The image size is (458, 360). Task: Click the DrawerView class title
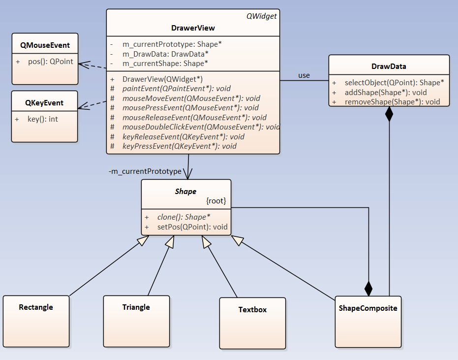pos(193,28)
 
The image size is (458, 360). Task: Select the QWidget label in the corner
pos(261,16)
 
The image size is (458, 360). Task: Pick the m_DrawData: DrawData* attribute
pos(165,53)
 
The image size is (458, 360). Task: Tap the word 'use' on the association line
pos(304,75)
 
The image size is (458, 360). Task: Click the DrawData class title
pos(389,66)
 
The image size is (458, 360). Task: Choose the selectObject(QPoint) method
pos(394,82)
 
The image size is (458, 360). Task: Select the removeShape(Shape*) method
pos(392,102)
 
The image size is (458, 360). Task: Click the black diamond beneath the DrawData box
pos(389,114)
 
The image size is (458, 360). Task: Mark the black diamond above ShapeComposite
pos(368,288)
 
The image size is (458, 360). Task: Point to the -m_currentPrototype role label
pos(145,171)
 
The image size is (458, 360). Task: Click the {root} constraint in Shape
pos(216,201)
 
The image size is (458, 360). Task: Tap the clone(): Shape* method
pos(183,217)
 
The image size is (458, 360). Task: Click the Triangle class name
pos(136,307)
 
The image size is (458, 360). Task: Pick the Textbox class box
pos(252,323)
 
